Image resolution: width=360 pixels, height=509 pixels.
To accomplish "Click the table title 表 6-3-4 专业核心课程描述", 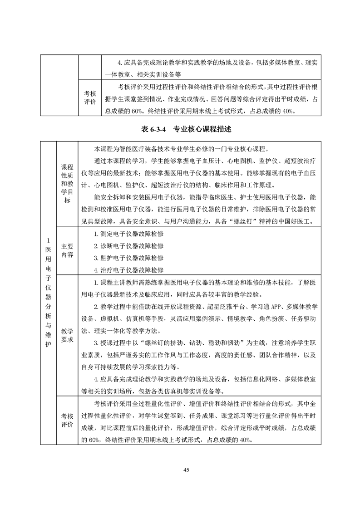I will [x=187, y=129].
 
